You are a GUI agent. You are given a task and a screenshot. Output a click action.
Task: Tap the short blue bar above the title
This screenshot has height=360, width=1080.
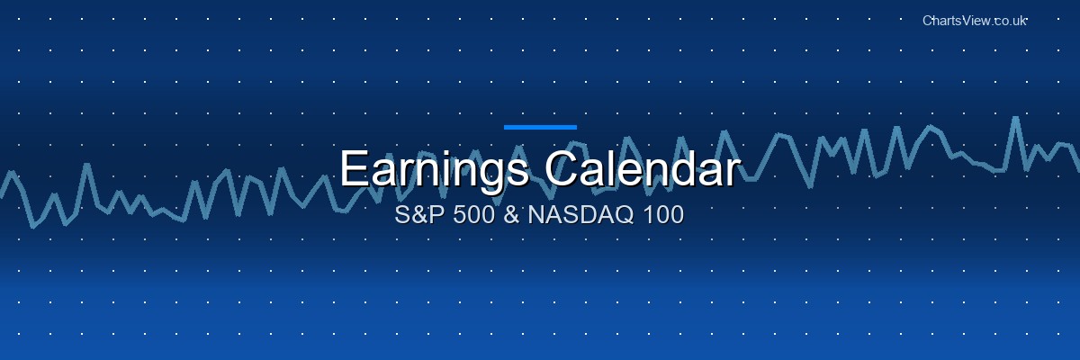point(540,127)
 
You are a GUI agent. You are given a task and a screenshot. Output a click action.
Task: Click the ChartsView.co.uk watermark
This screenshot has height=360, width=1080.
point(975,20)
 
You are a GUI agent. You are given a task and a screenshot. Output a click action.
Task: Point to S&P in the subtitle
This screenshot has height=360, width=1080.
point(417,216)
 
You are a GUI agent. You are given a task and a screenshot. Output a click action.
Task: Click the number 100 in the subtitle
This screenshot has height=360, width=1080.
point(660,216)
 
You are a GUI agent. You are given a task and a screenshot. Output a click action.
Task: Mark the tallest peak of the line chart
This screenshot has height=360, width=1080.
point(1014,118)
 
